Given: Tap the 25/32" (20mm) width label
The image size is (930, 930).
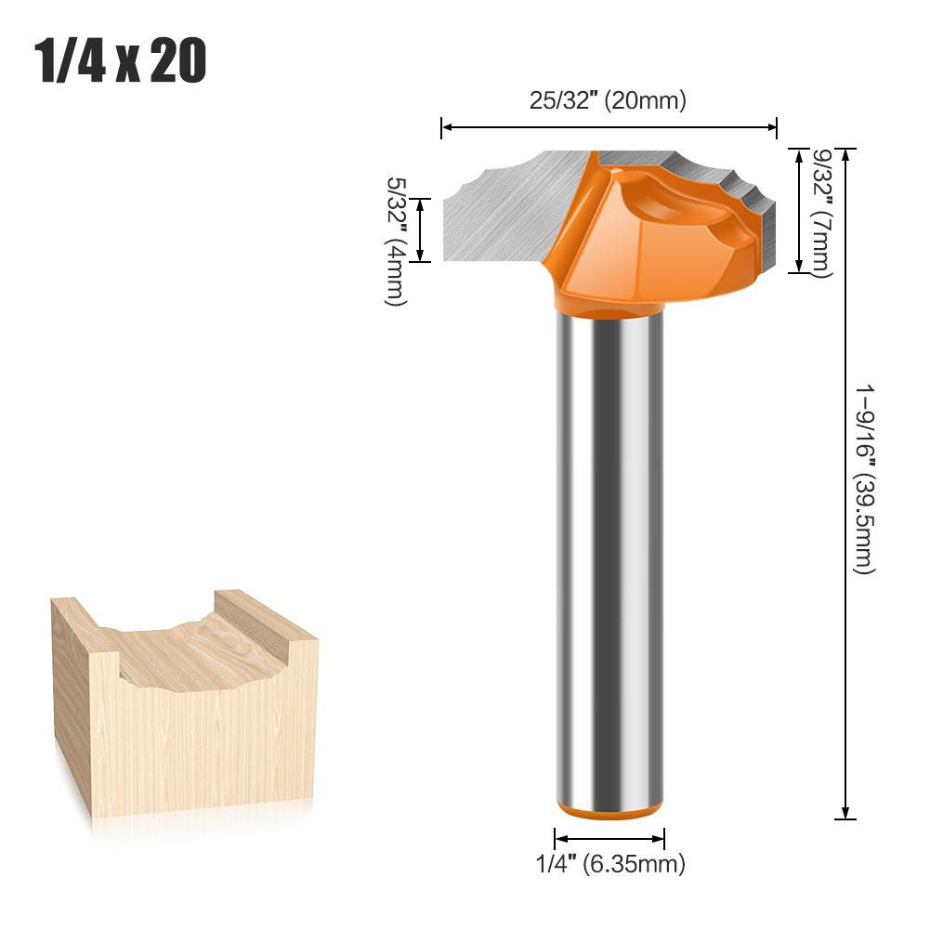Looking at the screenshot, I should [x=608, y=101].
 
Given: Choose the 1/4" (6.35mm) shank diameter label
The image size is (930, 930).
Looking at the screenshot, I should [x=610, y=864].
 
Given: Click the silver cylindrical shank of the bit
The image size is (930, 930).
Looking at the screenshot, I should [x=609, y=557].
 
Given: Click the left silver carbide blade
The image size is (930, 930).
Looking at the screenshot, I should [x=502, y=209].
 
